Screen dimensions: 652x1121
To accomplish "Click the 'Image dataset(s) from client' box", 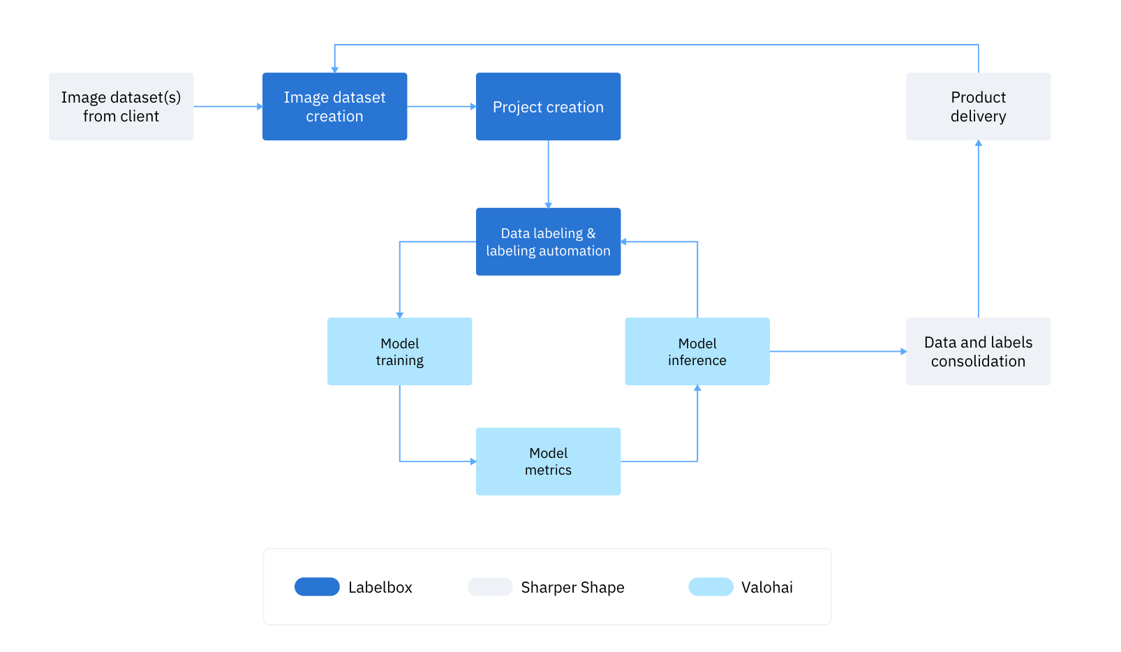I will pos(121,106).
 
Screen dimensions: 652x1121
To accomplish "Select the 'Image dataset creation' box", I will pos(334,106).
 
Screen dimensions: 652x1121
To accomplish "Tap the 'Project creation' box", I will pos(548,106).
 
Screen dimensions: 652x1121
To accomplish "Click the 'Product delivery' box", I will pos(978,106).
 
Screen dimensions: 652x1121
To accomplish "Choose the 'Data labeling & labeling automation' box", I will pos(548,242).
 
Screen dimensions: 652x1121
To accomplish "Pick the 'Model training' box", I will pos(399,351).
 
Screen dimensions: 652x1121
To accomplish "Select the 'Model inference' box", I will pos(697,351).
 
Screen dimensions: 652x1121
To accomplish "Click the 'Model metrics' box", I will pos(548,461).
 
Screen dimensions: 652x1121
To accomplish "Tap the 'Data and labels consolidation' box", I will pos(978,351).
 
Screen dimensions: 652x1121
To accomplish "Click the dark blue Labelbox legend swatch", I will pos(317,586).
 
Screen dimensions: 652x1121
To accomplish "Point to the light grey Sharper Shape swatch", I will pos(490,586).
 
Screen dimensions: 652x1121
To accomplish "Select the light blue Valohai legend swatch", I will pos(711,586).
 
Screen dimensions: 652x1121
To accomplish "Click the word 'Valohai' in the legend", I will pos(766,587).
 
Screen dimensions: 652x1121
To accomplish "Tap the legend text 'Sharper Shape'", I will pos(572,587).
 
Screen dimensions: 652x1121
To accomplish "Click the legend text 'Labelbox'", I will pos(380,587).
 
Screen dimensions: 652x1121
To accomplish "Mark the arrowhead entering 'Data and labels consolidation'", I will pos(903,351).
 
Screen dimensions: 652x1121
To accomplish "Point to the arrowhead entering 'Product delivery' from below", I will pos(978,143).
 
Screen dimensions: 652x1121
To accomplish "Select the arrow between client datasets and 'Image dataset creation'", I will pos(227,106).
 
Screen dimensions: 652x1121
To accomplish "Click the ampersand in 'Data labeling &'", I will pos(591,233).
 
